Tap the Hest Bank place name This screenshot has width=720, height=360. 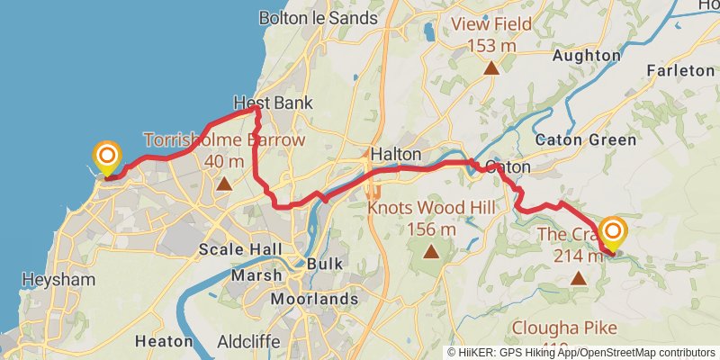[x=273, y=103]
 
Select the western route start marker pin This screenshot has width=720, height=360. [x=107, y=158]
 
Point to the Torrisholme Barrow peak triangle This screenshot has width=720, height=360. [x=224, y=184]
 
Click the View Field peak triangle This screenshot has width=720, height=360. [x=491, y=68]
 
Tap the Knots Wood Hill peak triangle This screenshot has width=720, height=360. [x=431, y=253]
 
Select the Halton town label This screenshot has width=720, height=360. [x=396, y=154]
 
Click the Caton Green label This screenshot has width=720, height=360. [x=585, y=139]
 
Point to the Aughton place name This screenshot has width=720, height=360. [x=588, y=56]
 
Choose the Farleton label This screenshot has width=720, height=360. [x=681, y=69]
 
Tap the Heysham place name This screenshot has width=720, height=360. [x=59, y=280]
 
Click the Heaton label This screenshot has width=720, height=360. [x=163, y=341]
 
